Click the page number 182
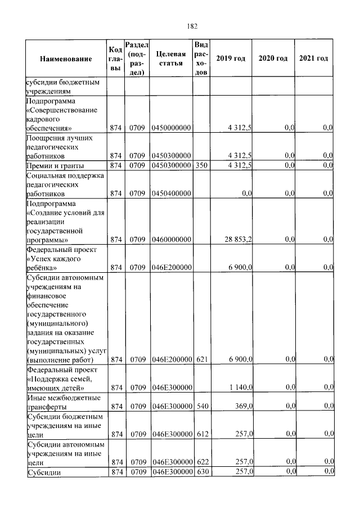[191, 26]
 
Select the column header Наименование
[66, 59]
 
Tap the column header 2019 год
[231, 59]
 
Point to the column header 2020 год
[273, 59]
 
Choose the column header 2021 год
[314, 59]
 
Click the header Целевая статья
[171, 58]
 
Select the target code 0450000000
[172, 128]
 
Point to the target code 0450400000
[172, 193]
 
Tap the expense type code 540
[201, 406]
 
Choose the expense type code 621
[201, 359]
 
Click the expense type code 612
[201, 434]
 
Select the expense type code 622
[201, 462]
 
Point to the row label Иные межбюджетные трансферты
[64, 402]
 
